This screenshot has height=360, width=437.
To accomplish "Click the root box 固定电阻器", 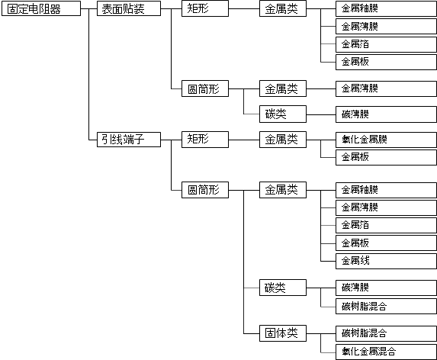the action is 41,8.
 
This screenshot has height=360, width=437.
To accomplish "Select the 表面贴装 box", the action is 129,8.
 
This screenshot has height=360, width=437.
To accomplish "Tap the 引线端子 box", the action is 129,140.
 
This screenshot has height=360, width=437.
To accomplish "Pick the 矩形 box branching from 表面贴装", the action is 205,8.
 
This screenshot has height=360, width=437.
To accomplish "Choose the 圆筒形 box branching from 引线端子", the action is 205,190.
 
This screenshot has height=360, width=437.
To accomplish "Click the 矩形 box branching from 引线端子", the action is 205,140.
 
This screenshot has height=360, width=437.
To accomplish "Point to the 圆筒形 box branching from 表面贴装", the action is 205,88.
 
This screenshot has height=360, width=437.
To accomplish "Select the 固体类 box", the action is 283,333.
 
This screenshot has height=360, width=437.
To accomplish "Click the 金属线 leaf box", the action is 386,261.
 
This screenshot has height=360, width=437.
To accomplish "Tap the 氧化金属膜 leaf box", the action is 386,140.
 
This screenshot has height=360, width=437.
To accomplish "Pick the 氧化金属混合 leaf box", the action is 386,352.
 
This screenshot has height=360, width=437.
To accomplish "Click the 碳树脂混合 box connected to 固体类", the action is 386,333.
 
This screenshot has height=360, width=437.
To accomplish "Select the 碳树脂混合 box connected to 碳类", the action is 386,306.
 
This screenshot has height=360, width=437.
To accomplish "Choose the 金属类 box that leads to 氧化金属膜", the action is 283,140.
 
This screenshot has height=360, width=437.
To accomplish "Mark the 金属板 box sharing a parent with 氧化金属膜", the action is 386,157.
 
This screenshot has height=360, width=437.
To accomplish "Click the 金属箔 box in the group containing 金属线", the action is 386,226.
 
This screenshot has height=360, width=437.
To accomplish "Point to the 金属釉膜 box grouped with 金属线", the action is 386,191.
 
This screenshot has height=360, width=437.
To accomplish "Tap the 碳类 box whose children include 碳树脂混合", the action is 283,288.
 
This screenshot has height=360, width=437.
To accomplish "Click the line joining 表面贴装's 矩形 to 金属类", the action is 244,8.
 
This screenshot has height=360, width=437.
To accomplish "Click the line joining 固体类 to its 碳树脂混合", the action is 321,333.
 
